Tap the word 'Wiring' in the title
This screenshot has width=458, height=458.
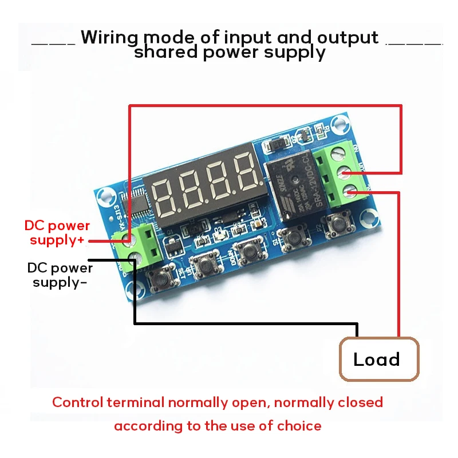[x=109, y=37]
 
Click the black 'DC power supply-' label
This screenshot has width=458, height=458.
[x=60, y=275]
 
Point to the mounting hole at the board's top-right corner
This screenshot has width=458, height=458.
[x=342, y=122]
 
